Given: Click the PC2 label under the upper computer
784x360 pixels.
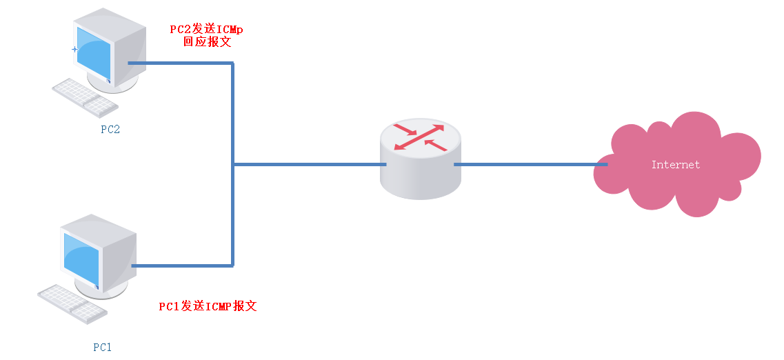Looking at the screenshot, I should pyautogui.click(x=110, y=130).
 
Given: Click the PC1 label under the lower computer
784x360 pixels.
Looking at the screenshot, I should pyautogui.click(x=102, y=347).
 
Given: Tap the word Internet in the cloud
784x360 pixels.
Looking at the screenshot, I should pyautogui.click(x=675, y=165).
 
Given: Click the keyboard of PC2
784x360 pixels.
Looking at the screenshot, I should pyautogui.click(x=85, y=97).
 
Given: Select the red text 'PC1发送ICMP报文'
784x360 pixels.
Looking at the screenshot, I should pyautogui.click(x=208, y=306).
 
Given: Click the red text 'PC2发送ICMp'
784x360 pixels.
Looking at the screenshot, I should pyautogui.click(x=206, y=30).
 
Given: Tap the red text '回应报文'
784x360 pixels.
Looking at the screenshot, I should pyautogui.click(x=207, y=42).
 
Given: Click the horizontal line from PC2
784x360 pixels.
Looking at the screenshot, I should pyautogui.click(x=179, y=63).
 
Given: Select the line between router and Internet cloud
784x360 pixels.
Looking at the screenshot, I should pyautogui.click(x=531, y=165).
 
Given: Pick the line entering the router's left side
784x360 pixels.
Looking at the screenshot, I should pyautogui.click(x=310, y=165).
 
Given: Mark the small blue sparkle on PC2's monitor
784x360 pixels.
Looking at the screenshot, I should pyautogui.click(x=74, y=49).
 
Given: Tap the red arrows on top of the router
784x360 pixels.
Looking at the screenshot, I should pyautogui.click(x=419, y=136).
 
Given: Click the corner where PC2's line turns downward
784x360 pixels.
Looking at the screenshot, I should pyautogui.click(x=233, y=63).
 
